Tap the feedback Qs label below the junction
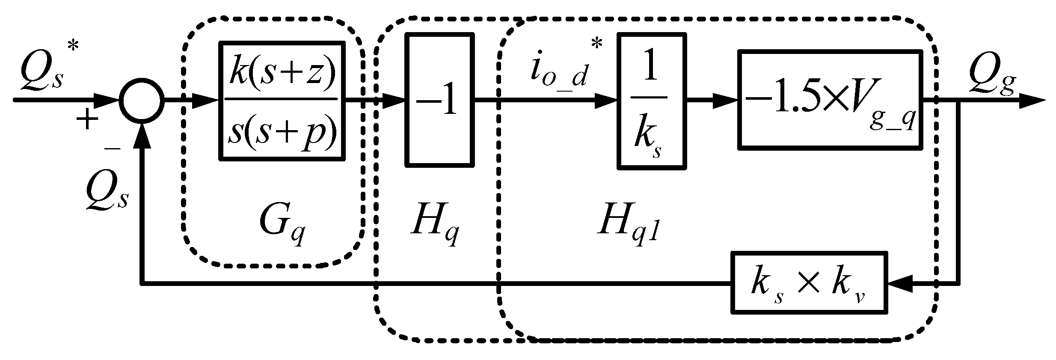tap(107, 192)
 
